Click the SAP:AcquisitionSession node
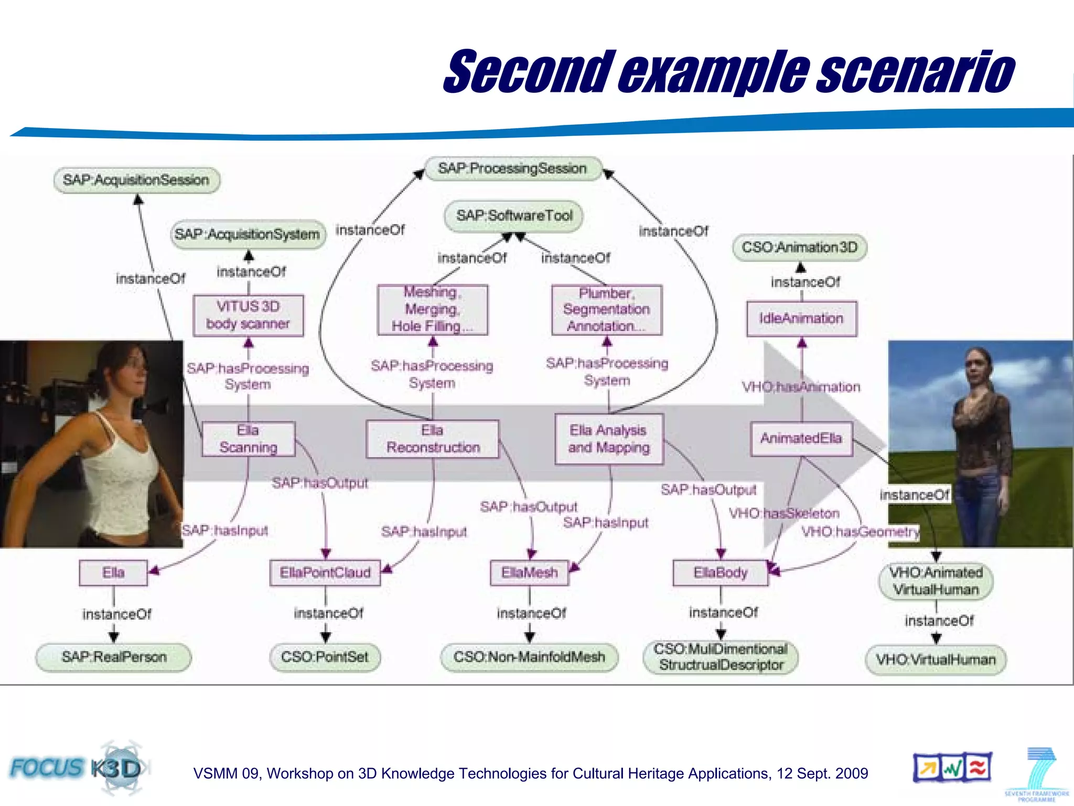coord(136,180)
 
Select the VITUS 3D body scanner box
coord(248,315)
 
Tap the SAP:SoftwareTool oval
coord(514,216)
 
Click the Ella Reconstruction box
coord(433,439)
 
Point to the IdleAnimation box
coord(801,318)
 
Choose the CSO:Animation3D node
coord(800,247)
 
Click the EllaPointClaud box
coord(325,572)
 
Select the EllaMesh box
coord(529,572)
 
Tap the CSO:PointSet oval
coord(325,657)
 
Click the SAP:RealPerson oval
coord(114,657)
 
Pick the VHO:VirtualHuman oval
coord(936,660)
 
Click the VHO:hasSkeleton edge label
coord(784,513)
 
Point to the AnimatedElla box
coord(801,438)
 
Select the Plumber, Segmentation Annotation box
coord(607,310)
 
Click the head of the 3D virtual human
coord(976,367)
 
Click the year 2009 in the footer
coord(852,773)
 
